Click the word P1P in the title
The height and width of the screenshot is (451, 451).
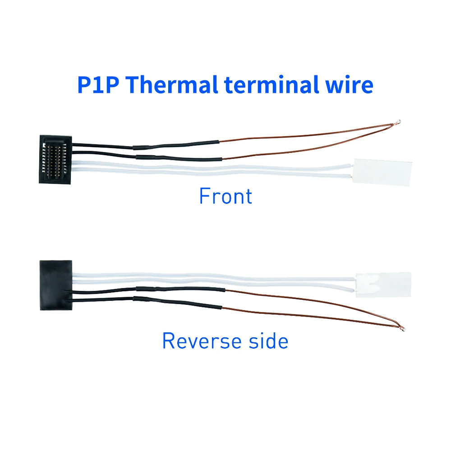click(x=98, y=85)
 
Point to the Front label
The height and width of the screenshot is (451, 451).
click(x=226, y=196)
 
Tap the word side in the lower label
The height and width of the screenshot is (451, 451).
click(x=268, y=341)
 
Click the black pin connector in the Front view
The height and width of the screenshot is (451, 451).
click(x=55, y=159)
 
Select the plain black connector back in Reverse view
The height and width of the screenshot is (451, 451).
click(x=56, y=285)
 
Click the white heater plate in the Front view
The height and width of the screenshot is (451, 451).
click(x=382, y=172)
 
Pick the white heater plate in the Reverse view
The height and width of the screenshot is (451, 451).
click(x=383, y=285)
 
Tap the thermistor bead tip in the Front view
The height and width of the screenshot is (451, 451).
click(x=398, y=122)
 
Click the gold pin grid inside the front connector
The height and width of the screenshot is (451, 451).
click(x=54, y=159)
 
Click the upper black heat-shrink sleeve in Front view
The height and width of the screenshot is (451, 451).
click(x=176, y=145)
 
